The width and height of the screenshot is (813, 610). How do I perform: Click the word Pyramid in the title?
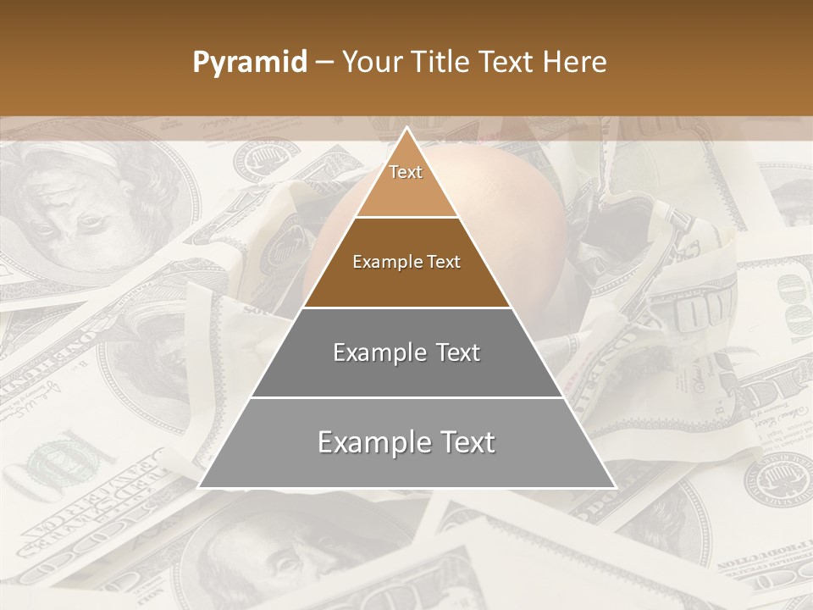tap(250, 62)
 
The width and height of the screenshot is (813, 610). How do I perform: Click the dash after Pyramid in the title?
tap(324, 63)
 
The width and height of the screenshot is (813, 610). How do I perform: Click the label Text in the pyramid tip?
tap(406, 172)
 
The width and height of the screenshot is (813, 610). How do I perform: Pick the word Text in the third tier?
tap(458, 352)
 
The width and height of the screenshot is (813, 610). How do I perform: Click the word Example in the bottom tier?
tap(373, 442)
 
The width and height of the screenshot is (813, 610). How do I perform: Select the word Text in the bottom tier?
tap(468, 442)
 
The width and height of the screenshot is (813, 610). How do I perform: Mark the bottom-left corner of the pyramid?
tap(200, 486)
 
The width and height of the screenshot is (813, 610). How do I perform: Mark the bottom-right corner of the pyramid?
tap(614, 486)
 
